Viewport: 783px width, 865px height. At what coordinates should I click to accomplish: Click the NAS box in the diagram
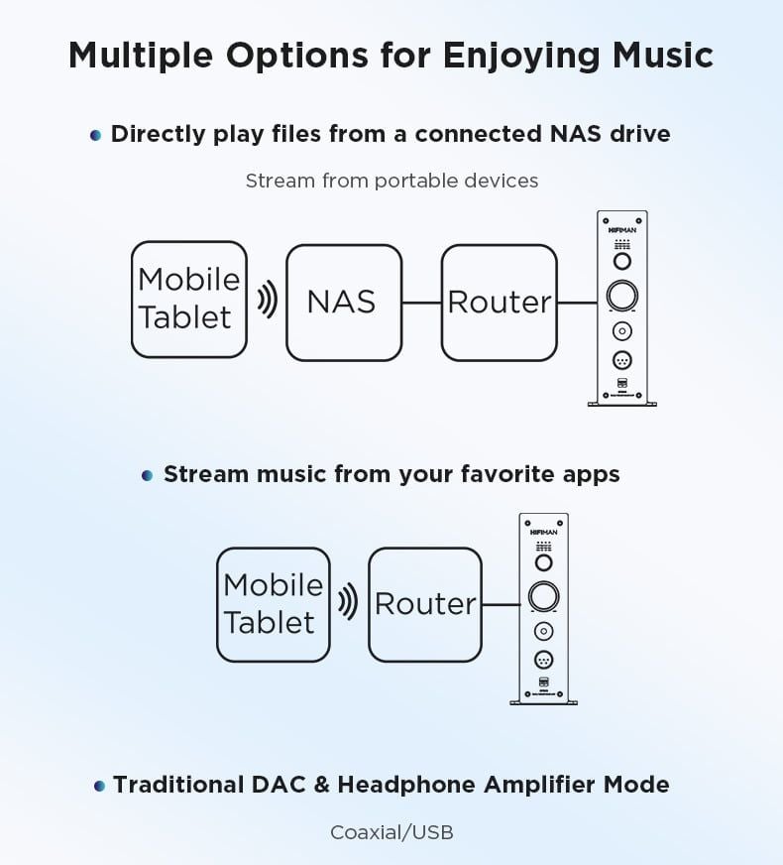pos(344,303)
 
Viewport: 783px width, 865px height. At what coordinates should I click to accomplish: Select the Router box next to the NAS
pos(500,303)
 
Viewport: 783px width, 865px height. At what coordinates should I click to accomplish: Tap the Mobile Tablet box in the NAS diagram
pos(189,299)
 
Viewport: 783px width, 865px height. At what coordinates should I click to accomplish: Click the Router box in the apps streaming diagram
pos(425,605)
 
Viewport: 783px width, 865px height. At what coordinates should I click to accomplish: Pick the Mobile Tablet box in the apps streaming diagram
pos(274,605)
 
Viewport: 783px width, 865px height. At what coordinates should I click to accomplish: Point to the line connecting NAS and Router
pos(421,303)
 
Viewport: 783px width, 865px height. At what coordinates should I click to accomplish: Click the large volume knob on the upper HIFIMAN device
pos(622,296)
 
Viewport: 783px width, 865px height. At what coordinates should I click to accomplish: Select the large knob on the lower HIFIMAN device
pos(544,596)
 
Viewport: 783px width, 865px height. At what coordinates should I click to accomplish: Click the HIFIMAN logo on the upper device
pos(622,230)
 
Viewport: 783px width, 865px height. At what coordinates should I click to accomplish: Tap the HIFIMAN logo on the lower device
pos(544,533)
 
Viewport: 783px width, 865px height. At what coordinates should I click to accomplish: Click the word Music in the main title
pos(663,56)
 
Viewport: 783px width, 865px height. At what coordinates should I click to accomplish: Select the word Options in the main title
pos(297,56)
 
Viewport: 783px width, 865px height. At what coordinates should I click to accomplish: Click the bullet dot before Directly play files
pos(95,135)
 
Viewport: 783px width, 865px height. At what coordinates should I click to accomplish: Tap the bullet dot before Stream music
pos(147,475)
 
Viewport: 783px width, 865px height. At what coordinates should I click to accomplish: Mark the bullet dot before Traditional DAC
pos(99,786)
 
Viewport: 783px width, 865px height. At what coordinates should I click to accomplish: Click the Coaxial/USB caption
pos(391,832)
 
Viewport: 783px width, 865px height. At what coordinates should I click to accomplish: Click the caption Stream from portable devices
pos(391,181)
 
